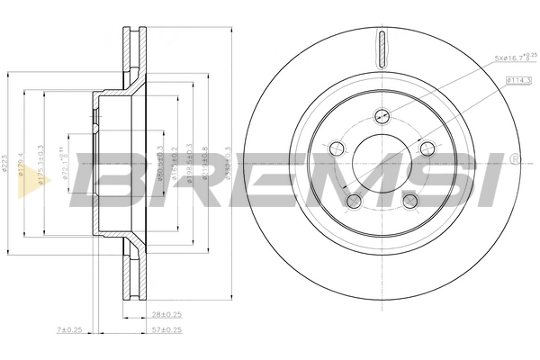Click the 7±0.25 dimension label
[x=69, y=331]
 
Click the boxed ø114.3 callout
[x=519, y=81]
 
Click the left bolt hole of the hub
[x=338, y=148]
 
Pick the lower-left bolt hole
[x=355, y=200]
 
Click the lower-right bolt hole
[x=409, y=200]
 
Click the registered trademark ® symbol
[x=514, y=159]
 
